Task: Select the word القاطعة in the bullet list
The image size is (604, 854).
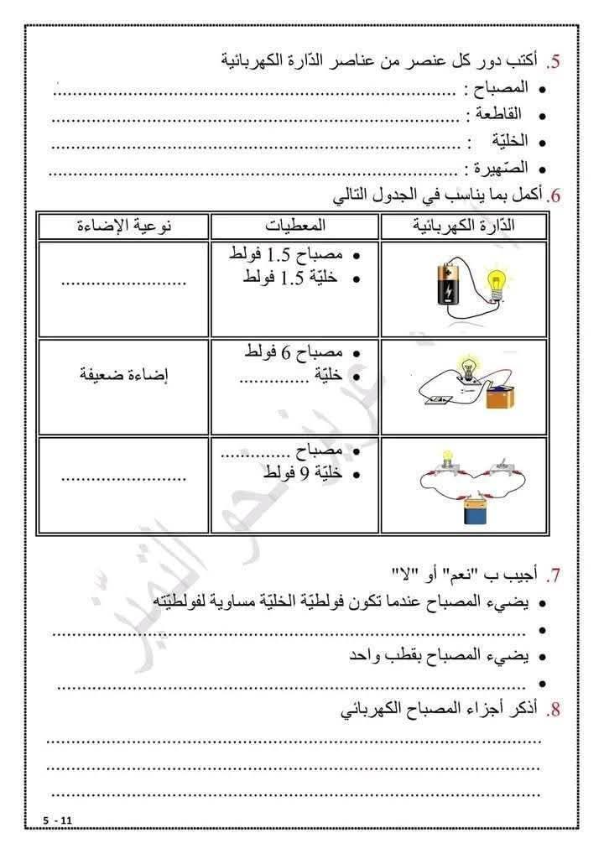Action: (x=499, y=114)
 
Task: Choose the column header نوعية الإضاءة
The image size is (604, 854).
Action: (x=125, y=226)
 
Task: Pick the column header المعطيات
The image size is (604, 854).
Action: (x=295, y=226)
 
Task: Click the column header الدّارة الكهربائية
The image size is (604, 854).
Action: (x=465, y=226)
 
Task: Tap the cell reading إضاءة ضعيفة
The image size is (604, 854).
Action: (x=125, y=375)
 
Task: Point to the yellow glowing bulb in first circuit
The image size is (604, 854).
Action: (x=498, y=281)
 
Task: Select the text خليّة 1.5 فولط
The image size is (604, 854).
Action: (x=290, y=278)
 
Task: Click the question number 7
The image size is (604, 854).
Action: (x=553, y=575)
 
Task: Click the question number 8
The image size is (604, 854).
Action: (x=553, y=710)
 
